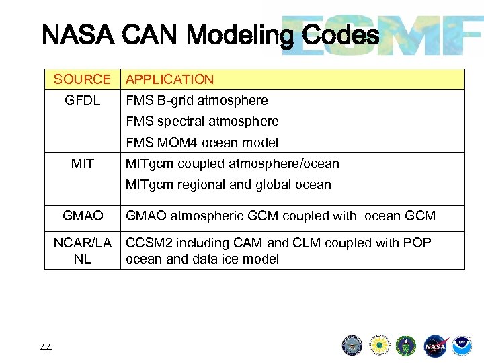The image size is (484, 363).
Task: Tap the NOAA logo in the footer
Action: coord(462,346)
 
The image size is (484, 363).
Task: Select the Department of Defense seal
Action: coord(352,346)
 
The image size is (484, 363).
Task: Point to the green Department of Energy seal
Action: coord(406,346)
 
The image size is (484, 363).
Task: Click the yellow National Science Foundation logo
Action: coord(379,346)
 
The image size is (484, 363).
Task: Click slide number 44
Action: coord(45,348)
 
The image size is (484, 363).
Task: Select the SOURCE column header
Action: coord(82,79)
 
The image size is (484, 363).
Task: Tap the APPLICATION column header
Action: coord(169,79)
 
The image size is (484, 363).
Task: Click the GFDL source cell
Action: coord(82,100)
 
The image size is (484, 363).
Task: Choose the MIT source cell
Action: coord(82,163)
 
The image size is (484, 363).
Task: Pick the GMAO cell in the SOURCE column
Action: coord(82,216)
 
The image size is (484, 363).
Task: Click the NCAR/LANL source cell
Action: coord(82,251)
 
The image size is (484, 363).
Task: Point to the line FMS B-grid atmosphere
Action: coord(196,100)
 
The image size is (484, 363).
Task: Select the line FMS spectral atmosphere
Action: coord(202,122)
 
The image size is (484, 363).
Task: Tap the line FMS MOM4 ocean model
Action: coord(202,143)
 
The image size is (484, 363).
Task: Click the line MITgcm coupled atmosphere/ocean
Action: coord(233,163)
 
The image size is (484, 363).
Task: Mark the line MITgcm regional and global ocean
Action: coord(229,184)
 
